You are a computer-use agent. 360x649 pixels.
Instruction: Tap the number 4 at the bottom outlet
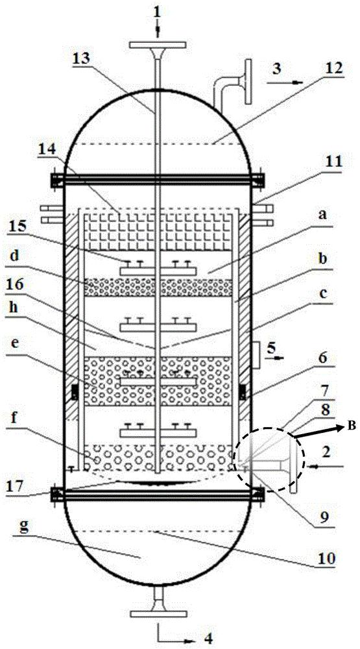click(210, 639)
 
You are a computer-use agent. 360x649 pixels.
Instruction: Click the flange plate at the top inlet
click(157, 45)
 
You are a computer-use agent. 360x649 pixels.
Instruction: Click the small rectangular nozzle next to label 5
click(257, 356)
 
